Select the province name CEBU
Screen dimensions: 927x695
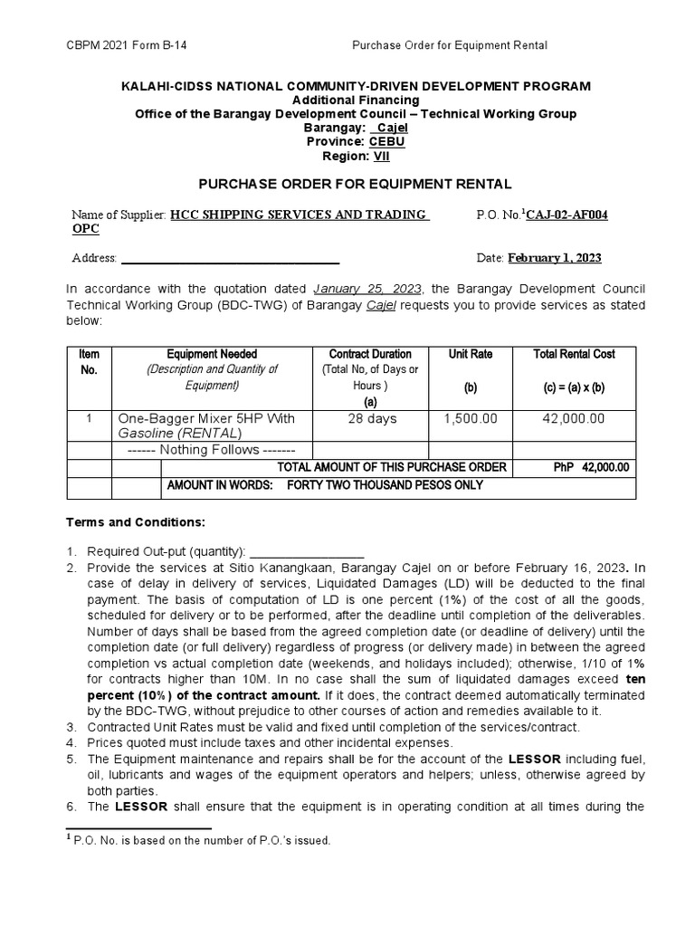point(386,142)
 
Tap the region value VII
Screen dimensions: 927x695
point(382,156)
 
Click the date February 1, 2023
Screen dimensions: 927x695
point(554,258)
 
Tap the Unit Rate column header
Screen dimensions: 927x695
point(471,354)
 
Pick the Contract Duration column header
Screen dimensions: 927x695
point(370,354)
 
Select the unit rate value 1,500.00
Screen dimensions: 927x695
point(471,418)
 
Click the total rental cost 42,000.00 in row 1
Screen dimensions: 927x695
point(574,418)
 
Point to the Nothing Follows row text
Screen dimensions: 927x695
point(205,450)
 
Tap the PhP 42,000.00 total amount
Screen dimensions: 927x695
point(591,467)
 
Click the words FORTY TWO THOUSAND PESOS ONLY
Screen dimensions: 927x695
point(385,485)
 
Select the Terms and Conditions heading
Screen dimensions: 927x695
point(137,522)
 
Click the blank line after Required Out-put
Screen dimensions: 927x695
point(307,551)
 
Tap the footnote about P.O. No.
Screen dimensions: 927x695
point(204,840)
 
